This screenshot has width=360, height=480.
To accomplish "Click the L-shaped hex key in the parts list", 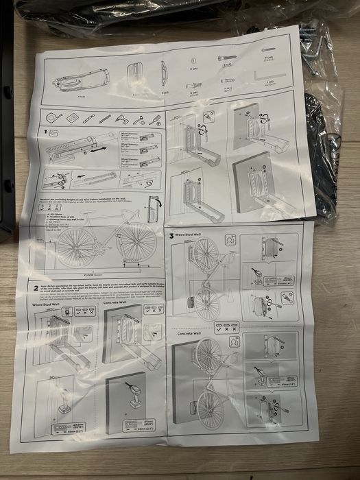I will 265,71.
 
